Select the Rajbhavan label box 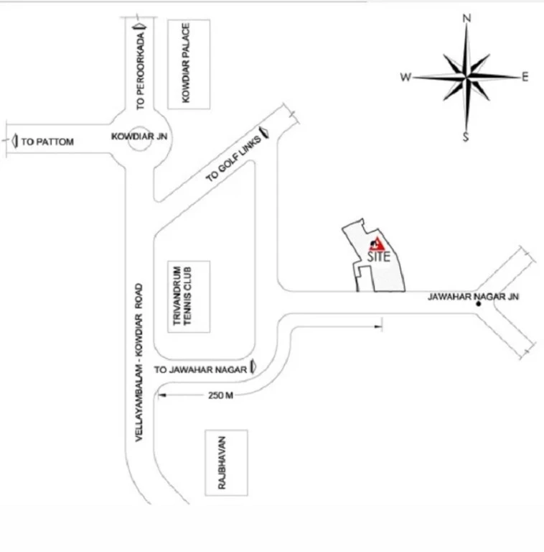[225, 463]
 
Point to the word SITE [378, 257]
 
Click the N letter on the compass [466, 18]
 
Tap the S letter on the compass [466, 137]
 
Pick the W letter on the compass [405, 77]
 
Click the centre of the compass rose [466, 76]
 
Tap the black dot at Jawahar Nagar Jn [478, 305]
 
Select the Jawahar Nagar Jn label [472, 296]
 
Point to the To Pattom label [47, 142]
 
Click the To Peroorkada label [141, 72]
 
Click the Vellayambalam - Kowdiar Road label [141, 362]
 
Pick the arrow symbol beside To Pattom [15, 142]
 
